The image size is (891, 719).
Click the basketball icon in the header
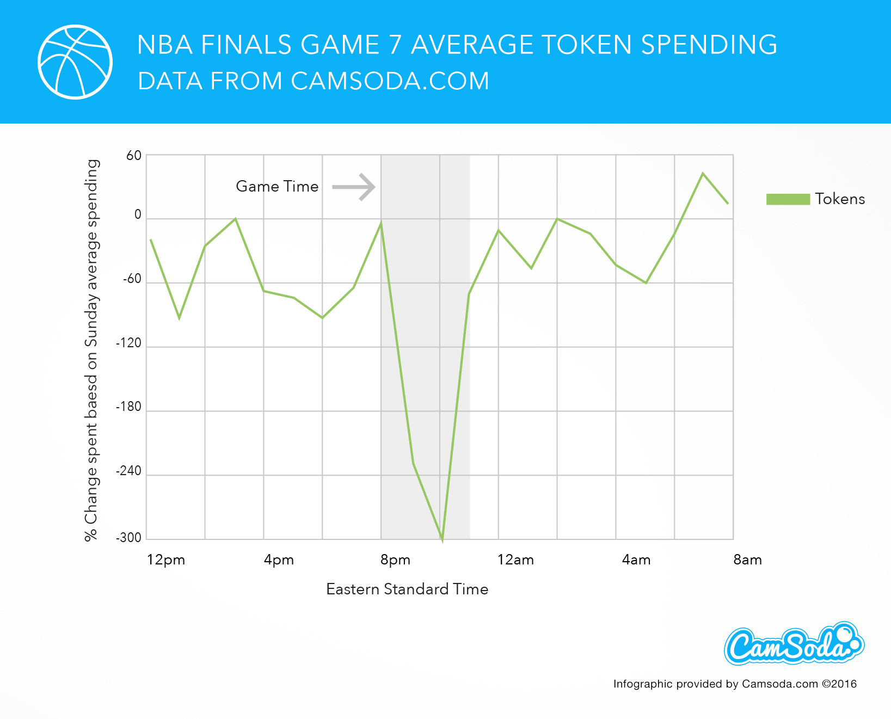pyautogui.click(x=75, y=62)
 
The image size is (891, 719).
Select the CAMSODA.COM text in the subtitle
pyautogui.click(x=390, y=81)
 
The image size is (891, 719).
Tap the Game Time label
pyautogui.click(x=277, y=187)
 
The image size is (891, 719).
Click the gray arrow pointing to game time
pyautogui.click(x=354, y=187)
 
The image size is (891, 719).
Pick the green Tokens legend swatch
pyautogui.click(x=788, y=199)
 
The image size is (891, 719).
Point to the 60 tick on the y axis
pyautogui.click(x=134, y=156)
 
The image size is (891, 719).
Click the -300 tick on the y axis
pyautogui.click(x=128, y=538)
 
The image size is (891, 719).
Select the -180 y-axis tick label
pyautogui.click(x=128, y=407)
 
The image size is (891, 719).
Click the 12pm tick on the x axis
pyautogui.click(x=166, y=560)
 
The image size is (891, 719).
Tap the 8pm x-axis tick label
pyautogui.click(x=395, y=560)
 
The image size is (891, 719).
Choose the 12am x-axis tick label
pyautogui.click(x=515, y=560)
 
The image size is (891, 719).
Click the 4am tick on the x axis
pyautogui.click(x=636, y=560)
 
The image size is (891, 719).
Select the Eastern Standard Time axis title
pyautogui.click(x=407, y=589)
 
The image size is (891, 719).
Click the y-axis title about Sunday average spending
pyautogui.click(x=91, y=350)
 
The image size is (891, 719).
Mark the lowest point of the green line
pyautogui.click(x=442, y=539)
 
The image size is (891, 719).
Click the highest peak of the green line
pyautogui.click(x=703, y=174)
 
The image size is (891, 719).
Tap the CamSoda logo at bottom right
pyautogui.click(x=794, y=644)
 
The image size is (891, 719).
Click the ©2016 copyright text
pyautogui.click(x=839, y=684)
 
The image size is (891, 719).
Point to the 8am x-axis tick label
pyautogui.click(x=747, y=560)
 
